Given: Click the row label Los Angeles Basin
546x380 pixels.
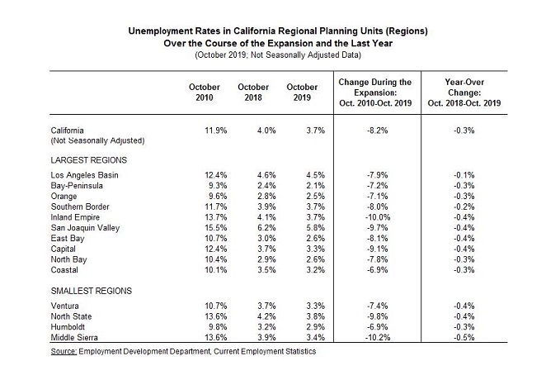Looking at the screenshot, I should [86, 174].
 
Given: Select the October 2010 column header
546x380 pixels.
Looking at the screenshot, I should [204, 93].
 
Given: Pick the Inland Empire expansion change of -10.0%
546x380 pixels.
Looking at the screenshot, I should [375, 214].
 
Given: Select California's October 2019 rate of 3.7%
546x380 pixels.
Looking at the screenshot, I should [302, 131].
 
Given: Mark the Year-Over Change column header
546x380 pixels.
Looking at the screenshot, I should [468, 93].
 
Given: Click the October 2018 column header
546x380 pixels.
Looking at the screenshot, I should [253, 93].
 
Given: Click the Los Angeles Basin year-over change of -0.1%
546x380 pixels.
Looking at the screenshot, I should [468, 174].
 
